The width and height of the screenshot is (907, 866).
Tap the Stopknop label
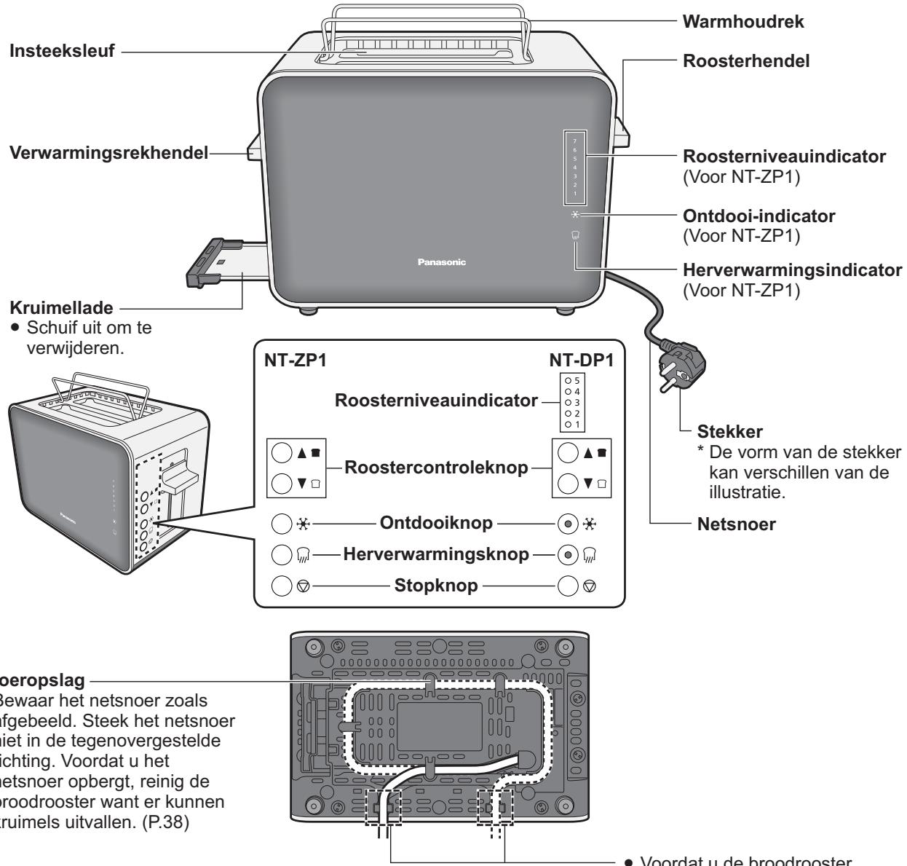point(437,583)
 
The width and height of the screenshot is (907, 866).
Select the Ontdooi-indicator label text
point(748,216)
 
